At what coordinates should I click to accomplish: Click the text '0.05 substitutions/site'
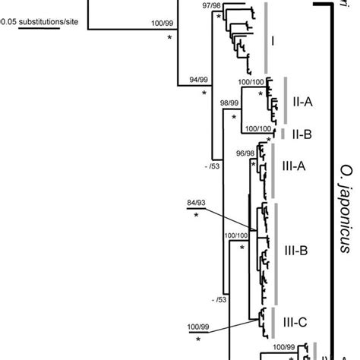47,23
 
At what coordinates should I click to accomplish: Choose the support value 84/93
196,204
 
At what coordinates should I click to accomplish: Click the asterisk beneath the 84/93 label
196,216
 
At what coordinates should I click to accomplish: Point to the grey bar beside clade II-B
286,134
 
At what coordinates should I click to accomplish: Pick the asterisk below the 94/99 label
204,92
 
